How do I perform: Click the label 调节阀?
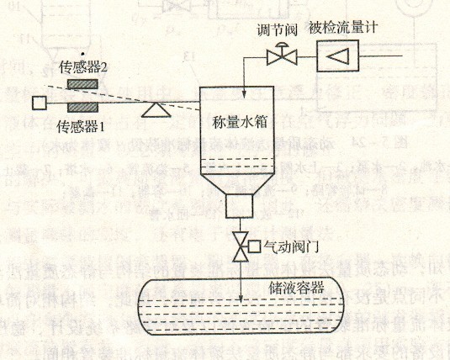pyautogui.click(x=277, y=30)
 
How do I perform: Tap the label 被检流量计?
pyautogui.click(x=343, y=28)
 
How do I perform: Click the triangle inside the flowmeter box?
pyautogui.click(x=338, y=56)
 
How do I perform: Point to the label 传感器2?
pyautogui.click(x=83, y=67)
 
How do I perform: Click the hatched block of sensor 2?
pyautogui.click(x=82, y=84)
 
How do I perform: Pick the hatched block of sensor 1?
pyautogui.click(x=82, y=108)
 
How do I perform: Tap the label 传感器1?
pyautogui.click(x=81, y=127)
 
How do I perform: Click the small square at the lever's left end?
pyautogui.click(x=40, y=103)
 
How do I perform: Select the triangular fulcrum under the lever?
pyautogui.click(x=156, y=110)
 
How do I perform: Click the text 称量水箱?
pyautogui.click(x=240, y=122)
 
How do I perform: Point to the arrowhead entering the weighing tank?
pyautogui.click(x=244, y=94)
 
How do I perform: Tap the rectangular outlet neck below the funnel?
pyautogui.click(x=240, y=206)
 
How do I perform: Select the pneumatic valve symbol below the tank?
pyautogui.click(x=241, y=246)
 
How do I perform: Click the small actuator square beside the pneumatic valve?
pyautogui.click(x=254, y=246)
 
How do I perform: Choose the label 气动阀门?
pyautogui.click(x=291, y=246)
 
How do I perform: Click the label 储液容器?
pyautogui.click(x=296, y=288)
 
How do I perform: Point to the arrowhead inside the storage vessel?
pyautogui.click(x=241, y=298)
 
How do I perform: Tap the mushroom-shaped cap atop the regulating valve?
pyautogui.click(x=282, y=45)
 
